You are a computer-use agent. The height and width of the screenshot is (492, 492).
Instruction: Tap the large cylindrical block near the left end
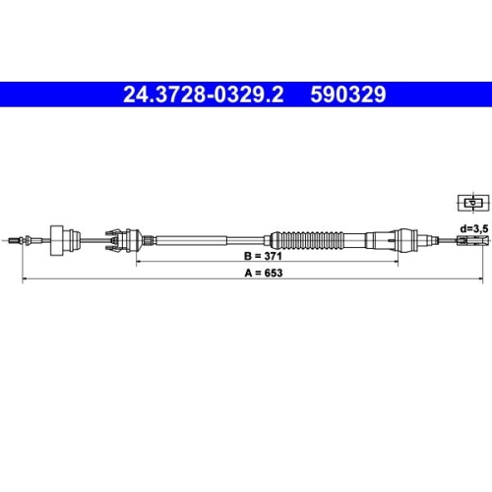click(x=70, y=238)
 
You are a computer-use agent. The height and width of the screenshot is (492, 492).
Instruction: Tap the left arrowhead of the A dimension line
click(x=25, y=280)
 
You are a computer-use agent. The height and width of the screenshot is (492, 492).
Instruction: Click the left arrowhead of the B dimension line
click(x=139, y=265)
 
